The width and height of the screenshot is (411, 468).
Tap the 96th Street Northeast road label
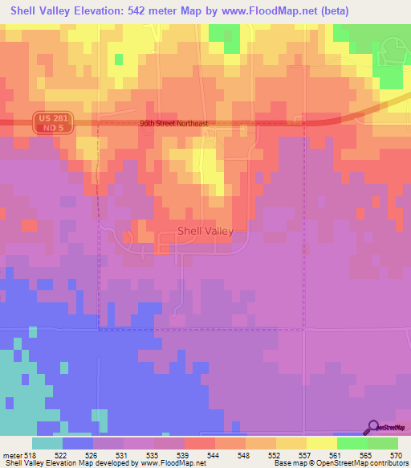click(x=173, y=123)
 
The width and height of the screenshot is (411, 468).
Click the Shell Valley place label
click(x=205, y=231)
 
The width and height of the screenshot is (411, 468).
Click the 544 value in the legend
click(x=213, y=454)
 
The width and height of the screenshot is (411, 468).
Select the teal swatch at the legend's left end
click(x=47, y=443)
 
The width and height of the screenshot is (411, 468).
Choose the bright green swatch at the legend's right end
click(x=383, y=443)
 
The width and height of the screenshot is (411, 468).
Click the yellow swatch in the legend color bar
click(x=322, y=443)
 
